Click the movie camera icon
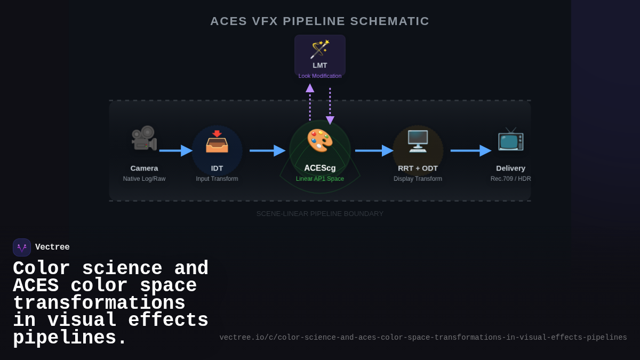[144, 138]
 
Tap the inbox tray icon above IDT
[217, 141]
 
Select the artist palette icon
[320, 140]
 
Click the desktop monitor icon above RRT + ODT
[418, 141]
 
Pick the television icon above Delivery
[510, 139]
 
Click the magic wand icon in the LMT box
[320, 49]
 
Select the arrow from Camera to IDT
[175, 150]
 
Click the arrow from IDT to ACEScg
[267, 150]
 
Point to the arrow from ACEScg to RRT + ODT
[374, 150]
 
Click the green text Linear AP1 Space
[320, 179]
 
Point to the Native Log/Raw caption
[144, 179]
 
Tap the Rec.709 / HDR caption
[510, 179]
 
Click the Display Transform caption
[418, 179]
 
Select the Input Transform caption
[217, 179]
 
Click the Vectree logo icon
[22, 247]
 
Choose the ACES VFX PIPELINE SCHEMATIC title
[320, 21]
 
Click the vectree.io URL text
[423, 338]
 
